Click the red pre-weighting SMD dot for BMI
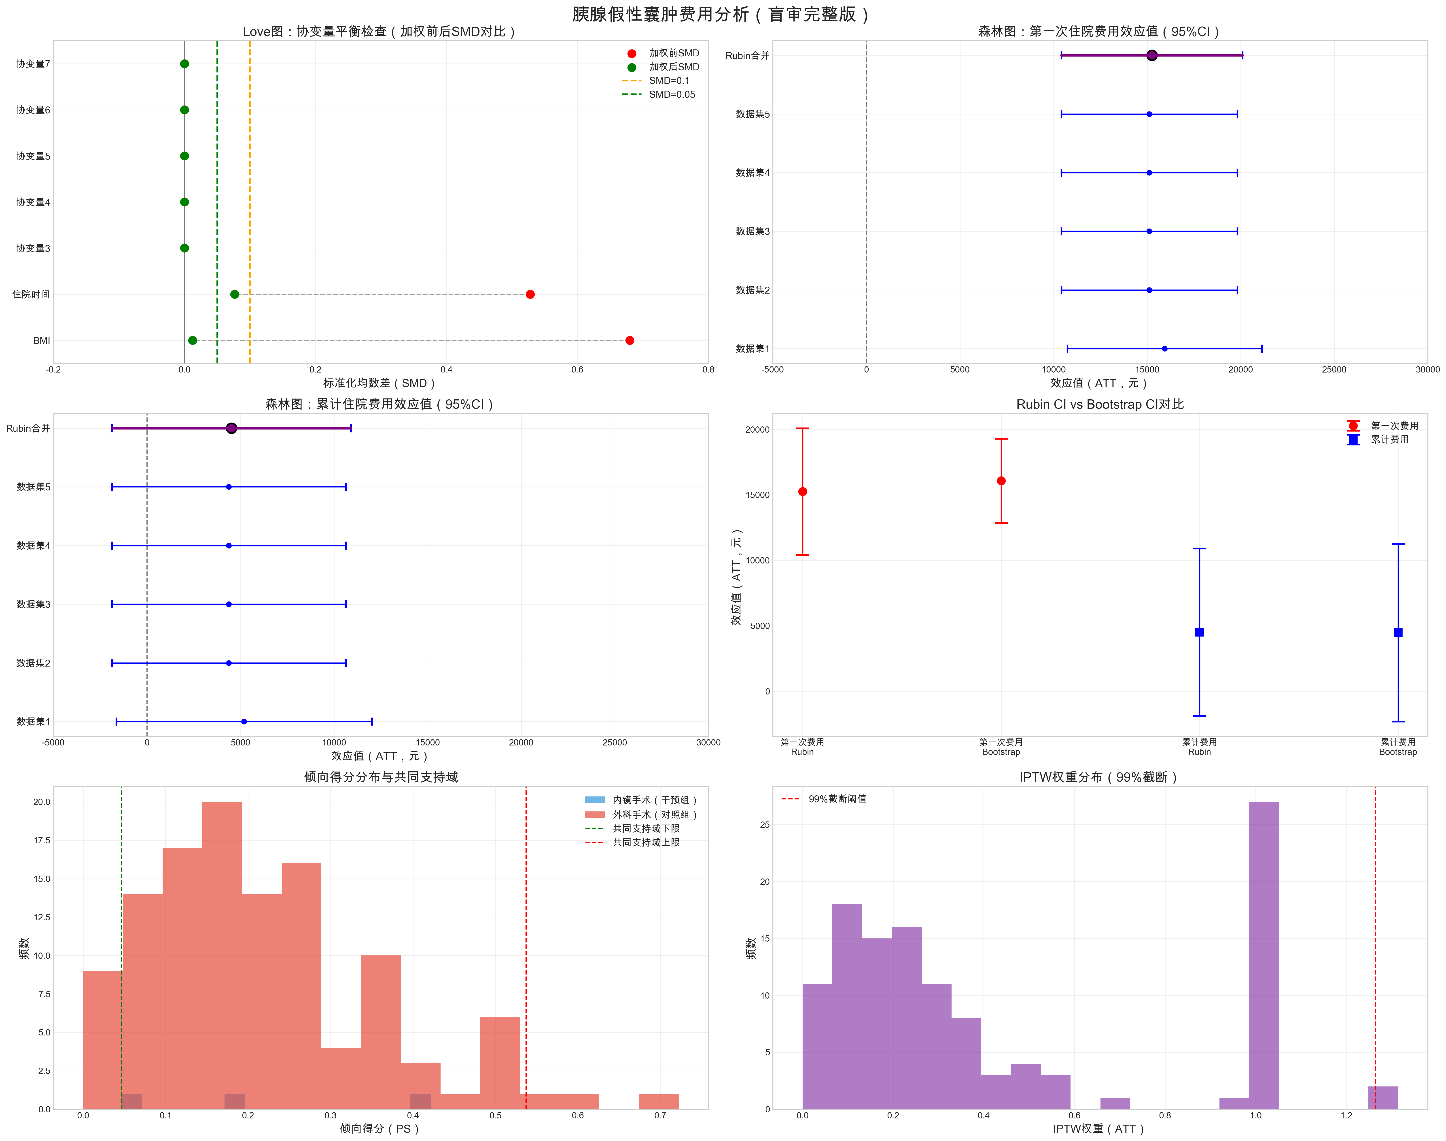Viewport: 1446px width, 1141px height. [x=630, y=341]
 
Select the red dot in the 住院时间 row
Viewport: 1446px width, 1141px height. [x=530, y=295]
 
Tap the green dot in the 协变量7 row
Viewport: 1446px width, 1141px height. [x=184, y=64]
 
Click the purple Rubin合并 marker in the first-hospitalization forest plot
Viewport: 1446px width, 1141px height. [x=1151, y=55]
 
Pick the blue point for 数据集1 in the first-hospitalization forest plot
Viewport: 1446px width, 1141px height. [x=1165, y=349]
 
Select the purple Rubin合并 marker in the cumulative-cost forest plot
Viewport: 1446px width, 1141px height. [x=231, y=428]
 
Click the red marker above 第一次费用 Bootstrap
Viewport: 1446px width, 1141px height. [x=1001, y=481]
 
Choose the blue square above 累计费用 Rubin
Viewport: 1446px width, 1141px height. [x=1199, y=632]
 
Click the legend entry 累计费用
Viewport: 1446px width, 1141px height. [x=1390, y=440]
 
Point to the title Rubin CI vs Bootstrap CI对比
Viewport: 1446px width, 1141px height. [x=1100, y=404]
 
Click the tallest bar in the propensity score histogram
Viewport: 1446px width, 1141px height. [x=222, y=955]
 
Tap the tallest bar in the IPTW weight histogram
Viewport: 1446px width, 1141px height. [x=1264, y=955]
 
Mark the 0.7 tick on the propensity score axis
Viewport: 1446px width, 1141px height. [x=660, y=1116]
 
